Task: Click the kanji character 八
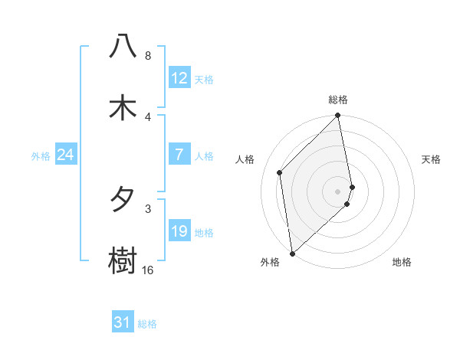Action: [123, 47]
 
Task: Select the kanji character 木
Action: [123, 107]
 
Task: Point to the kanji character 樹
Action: [123, 260]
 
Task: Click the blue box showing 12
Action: [179, 78]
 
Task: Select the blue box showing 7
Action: [179, 155]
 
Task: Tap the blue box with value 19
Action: [179, 231]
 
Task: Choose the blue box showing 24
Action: [66, 155]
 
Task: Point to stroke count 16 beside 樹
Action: [147, 270]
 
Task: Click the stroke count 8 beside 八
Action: [147, 56]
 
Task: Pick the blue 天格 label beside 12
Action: [203, 80]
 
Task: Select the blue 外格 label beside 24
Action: [41, 156]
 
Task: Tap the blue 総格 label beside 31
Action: [147, 324]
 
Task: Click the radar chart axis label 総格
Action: [338, 100]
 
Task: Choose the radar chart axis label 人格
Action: [245, 159]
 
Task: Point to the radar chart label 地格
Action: [402, 262]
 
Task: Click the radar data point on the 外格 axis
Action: [292, 253]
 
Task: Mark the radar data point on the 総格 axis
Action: [338, 116]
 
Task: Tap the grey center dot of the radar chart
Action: [338, 191]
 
